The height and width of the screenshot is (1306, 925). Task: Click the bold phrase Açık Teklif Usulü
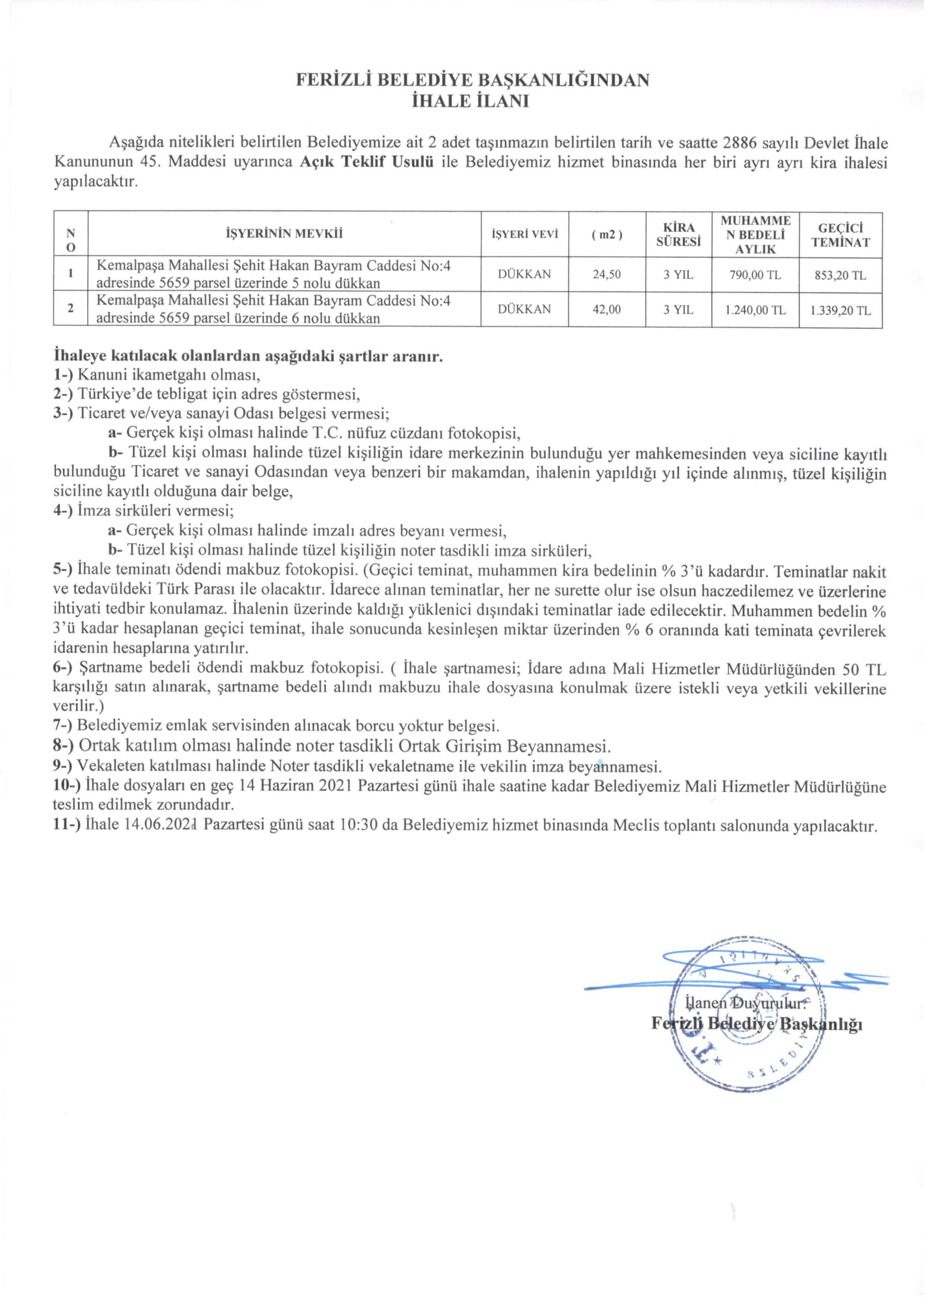[x=367, y=162]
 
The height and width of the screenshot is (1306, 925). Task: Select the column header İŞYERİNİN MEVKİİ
[x=284, y=233]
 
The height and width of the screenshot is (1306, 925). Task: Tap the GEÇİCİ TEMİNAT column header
[x=840, y=235]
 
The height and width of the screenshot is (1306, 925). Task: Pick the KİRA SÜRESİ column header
[x=678, y=234]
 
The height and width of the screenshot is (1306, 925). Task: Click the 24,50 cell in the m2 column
[x=607, y=274]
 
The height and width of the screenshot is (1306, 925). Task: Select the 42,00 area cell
[x=607, y=309]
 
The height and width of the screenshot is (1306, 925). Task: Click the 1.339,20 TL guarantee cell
[x=840, y=310]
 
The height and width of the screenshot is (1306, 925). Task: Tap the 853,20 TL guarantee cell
[x=840, y=275]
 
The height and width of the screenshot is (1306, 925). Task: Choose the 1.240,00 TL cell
[x=755, y=310]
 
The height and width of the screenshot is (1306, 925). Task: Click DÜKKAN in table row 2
[x=524, y=309]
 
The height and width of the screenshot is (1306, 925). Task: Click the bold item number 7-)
[x=63, y=726]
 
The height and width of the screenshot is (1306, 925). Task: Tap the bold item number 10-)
[x=68, y=786]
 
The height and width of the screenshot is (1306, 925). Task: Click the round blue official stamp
[x=747, y=1013]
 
